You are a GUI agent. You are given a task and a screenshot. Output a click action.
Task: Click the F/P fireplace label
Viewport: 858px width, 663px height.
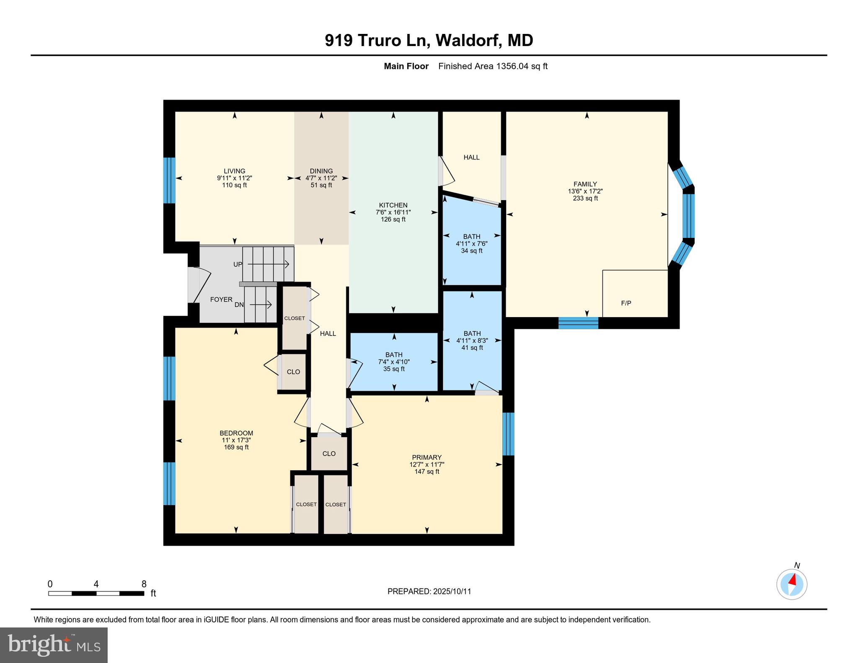(x=626, y=303)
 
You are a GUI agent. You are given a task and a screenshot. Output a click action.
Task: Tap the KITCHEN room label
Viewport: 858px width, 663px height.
(x=393, y=205)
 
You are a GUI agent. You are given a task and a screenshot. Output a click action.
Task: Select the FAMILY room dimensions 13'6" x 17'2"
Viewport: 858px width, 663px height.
(x=585, y=191)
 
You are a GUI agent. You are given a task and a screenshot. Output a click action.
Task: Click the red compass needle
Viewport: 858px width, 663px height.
(x=792, y=580)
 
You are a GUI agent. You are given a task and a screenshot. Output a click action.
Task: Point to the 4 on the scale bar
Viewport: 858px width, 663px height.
(x=96, y=584)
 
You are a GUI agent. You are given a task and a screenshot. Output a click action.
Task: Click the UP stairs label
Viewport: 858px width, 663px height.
(x=238, y=264)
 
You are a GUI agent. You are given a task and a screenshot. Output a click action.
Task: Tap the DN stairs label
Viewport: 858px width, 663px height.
(x=239, y=304)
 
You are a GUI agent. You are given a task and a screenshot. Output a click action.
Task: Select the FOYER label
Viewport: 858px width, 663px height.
(x=221, y=299)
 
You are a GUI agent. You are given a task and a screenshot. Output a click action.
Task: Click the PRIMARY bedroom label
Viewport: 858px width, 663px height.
(x=426, y=457)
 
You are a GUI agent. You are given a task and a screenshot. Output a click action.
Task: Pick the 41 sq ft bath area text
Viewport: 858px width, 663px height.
(x=472, y=348)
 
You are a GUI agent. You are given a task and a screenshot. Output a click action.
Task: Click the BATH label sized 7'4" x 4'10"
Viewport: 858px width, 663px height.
(x=394, y=355)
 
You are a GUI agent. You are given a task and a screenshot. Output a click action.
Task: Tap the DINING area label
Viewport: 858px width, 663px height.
(x=321, y=171)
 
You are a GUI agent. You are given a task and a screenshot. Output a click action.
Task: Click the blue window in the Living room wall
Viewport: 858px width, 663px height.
(x=169, y=180)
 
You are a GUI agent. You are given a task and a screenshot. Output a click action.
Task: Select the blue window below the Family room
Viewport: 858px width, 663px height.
(x=578, y=323)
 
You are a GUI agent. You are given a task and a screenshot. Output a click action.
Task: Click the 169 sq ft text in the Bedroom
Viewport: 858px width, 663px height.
(x=236, y=447)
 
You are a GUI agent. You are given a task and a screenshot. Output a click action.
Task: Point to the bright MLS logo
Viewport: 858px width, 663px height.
(x=54, y=645)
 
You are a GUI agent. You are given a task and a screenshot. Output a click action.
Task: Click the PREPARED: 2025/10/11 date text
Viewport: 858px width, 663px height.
(x=429, y=591)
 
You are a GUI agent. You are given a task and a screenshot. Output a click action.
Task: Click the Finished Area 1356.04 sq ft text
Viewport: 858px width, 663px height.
(x=493, y=66)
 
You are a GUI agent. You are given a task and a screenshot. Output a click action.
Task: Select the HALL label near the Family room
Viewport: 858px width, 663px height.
(x=471, y=157)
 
